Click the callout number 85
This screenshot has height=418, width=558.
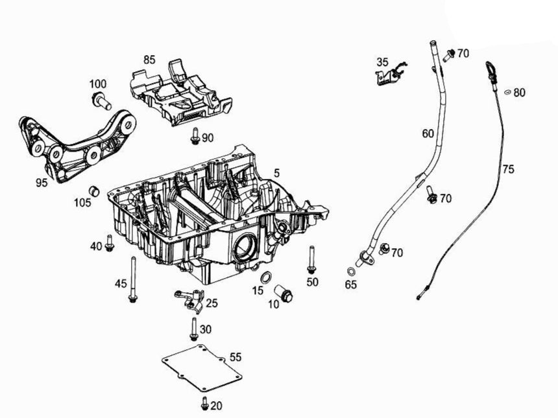click(149, 60)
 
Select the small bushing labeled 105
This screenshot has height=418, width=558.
click(94, 191)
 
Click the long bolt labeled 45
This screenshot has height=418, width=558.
click(133, 279)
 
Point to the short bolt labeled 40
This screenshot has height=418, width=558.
click(109, 244)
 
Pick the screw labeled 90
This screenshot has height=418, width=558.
click(195, 136)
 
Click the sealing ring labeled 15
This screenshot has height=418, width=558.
click(265, 279)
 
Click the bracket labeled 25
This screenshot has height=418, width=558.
click(189, 299)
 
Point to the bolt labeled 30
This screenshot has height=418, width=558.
click(193, 329)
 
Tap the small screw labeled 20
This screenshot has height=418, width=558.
click(205, 403)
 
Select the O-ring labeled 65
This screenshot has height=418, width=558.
click(351, 271)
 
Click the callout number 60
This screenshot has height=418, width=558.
click(428, 134)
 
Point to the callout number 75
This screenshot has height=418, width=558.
click(508, 169)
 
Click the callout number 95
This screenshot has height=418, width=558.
click(42, 183)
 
